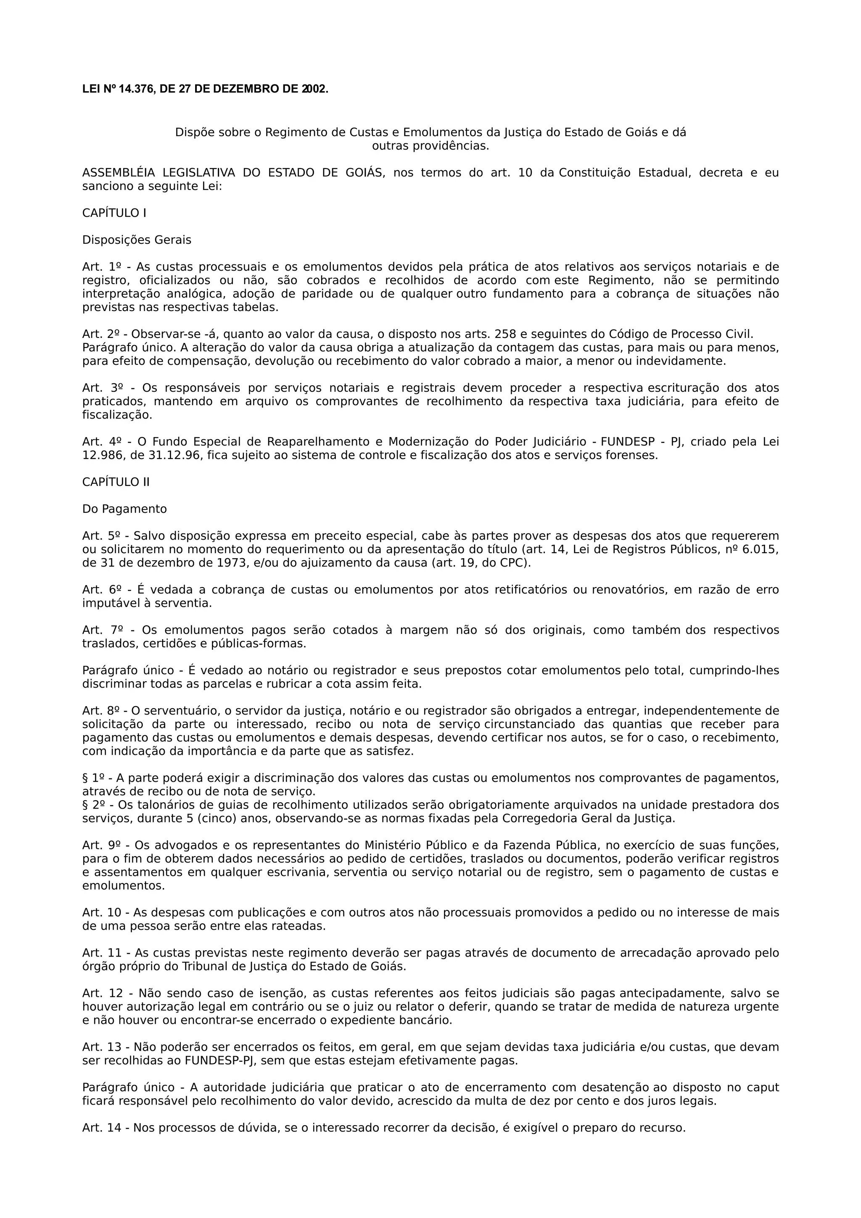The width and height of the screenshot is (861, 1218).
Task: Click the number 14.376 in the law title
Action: pyautogui.click(x=136, y=89)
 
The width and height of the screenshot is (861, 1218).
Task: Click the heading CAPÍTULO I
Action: pyautogui.click(x=114, y=213)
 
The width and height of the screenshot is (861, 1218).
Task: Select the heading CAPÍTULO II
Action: pyautogui.click(x=116, y=482)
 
